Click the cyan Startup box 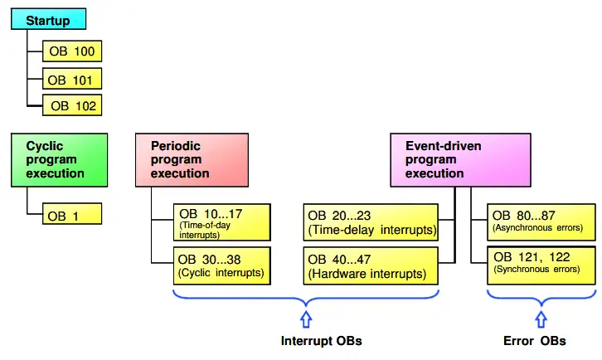coord(48,19)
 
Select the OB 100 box coord(72,51)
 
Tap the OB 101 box coord(72,79)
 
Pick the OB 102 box coord(72,105)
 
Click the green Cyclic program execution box coord(60,160)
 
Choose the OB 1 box coord(72,214)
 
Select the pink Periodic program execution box coord(192,160)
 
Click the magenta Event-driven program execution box coord(461,160)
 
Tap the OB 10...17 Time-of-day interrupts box coord(222,222)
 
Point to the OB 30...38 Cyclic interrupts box coord(222,266)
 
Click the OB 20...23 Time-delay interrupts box coord(371,222)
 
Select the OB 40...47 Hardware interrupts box coord(371,266)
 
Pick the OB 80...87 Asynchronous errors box coord(541,222)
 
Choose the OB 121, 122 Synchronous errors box coord(541,266)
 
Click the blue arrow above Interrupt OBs coord(306,319)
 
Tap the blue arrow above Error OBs coord(541,319)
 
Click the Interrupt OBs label coord(322,341)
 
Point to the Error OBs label coord(535,341)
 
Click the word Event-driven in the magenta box coord(444,146)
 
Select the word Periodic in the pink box coord(176,146)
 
